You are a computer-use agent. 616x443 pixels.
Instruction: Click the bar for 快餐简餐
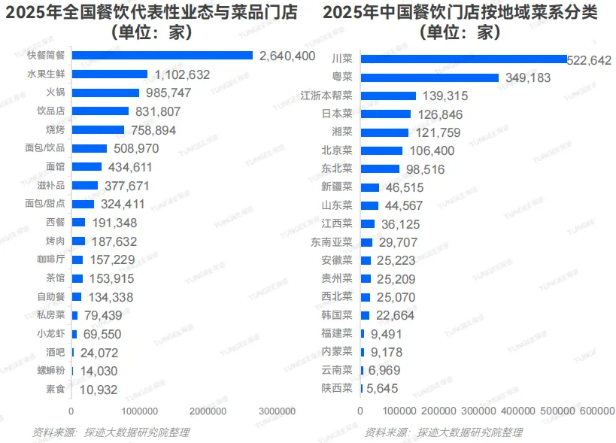pyautogui.click(x=162, y=55)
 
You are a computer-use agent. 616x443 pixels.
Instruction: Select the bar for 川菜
pyautogui.click(x=463, y=59)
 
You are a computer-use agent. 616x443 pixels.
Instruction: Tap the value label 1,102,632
pyautogui.click(x=182, y=74)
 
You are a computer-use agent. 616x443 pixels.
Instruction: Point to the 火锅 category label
pyautogui.click(x=55, y=93)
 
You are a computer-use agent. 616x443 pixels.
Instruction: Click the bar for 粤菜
pyautogui.click(x=429, y=77)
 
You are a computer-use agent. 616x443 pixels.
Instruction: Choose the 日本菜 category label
pyautogui.click(x=337, y=114)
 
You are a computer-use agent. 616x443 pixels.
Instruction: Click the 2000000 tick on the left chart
pyautogui.click(x=208, y=411)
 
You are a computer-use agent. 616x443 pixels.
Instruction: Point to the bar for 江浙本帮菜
pyautogui.click(x=388, y=96)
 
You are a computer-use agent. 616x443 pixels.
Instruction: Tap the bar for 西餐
pyautogui.click(x=78, y=223)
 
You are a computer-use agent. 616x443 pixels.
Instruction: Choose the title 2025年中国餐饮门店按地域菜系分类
pyautogui.click(x=460, y=13)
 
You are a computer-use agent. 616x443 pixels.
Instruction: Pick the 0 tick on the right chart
pyautogui.click(x=360, y=411)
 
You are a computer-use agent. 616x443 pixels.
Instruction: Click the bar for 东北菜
pyautogui.click(x=381, y=168)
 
